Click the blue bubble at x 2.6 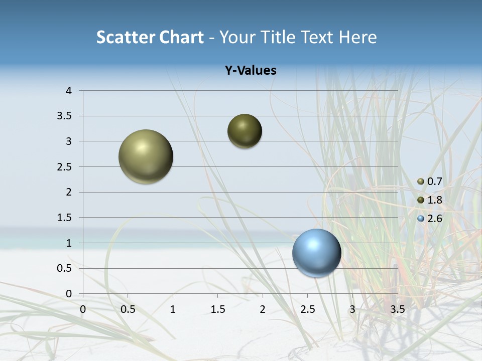[316, 253]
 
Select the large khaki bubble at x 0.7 [146, 156]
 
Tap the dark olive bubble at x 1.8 [245, 131]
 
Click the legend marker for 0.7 [421, 182]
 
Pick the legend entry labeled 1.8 [435, 200]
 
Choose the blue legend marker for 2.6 [421, 219]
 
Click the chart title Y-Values [250, 71]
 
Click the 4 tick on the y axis [69, 91]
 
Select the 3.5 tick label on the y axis [65, 116]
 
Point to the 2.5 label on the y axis [65, 167]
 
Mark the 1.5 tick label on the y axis [65, 218]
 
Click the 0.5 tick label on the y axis [65, 269]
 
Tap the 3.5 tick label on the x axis [397, 309]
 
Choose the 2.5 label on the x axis [307, 309]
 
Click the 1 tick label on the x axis [173, 309]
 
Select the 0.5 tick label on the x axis [128, 309]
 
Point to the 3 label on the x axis [352, 309]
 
